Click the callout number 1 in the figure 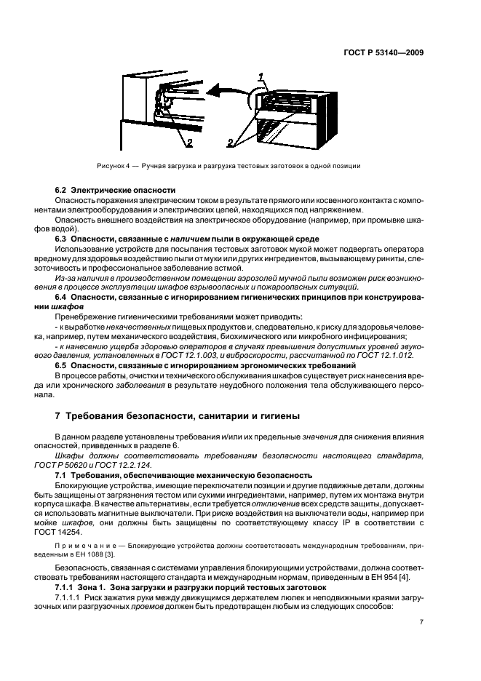(x=260, y=76)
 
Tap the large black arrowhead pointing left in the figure (x=212, y=92)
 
